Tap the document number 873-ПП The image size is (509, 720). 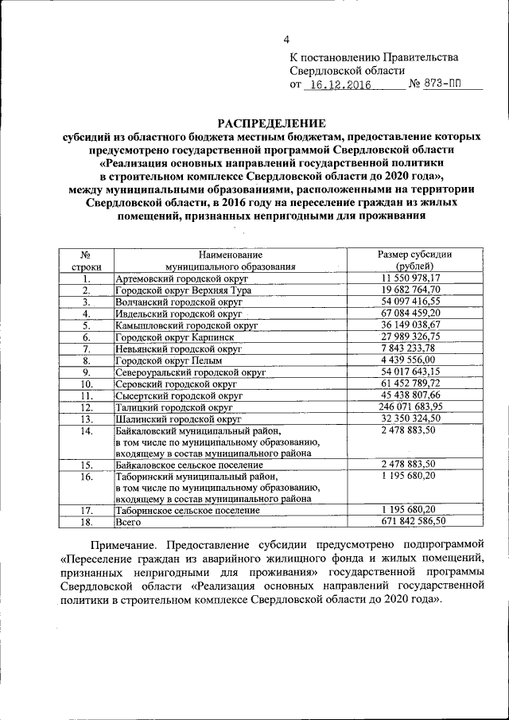click(x=442, y=85)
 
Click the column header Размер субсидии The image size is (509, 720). click(x=414, y=254)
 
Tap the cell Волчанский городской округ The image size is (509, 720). click(x=173, y=302)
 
